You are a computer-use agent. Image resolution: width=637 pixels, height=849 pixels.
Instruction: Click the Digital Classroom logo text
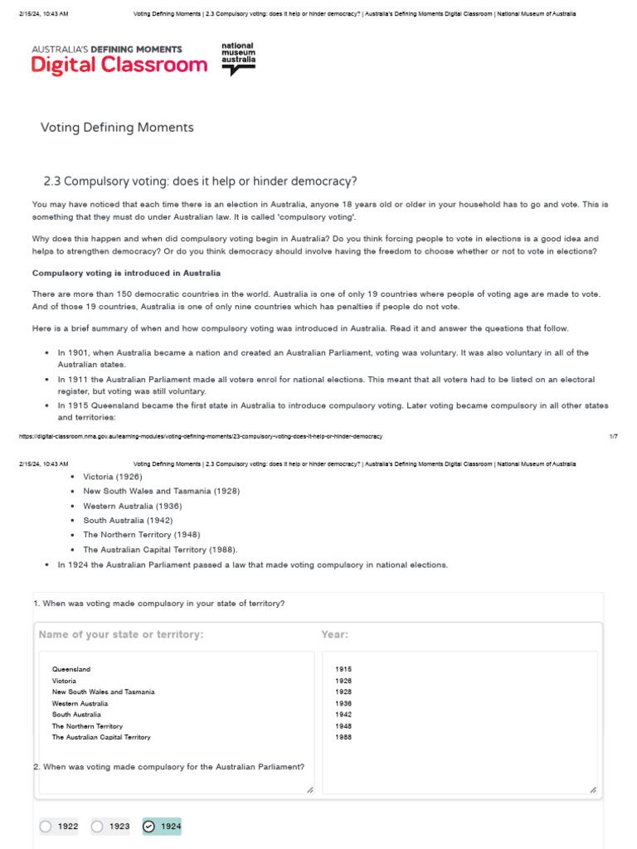(x=120, y=65)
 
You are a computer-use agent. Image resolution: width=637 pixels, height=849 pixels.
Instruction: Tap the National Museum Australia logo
(x=239, y=58)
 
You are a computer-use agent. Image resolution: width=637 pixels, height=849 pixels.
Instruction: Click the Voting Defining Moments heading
(x=117, y=127)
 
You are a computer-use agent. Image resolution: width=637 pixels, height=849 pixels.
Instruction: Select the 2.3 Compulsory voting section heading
(x=199, y=182)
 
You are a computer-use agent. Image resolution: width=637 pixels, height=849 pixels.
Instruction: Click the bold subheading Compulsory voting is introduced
(x=126, y=273)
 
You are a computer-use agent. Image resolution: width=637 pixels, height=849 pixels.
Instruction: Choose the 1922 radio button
(x=46, y=826)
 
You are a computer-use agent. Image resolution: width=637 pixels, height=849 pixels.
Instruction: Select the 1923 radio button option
(x=97, y=826)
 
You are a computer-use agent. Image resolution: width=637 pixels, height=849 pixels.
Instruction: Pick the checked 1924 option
(x=149, y=826)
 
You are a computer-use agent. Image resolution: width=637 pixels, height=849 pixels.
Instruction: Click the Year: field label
(x=335, y=634)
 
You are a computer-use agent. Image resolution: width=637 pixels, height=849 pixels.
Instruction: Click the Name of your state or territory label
(x=120, y=634)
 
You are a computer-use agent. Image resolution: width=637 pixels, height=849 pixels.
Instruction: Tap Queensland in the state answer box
(x=71, y=668)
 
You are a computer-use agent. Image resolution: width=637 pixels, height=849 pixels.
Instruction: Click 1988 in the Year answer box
(x=343, y=736)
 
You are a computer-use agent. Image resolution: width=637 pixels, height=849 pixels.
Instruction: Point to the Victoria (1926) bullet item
(x=112, y=477)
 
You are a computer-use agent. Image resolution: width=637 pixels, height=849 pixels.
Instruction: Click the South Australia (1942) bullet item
(x=128, y=520)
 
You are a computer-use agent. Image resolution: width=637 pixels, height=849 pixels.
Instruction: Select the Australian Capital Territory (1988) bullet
(x=148, y=549)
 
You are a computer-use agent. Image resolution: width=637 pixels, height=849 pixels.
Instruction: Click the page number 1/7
(x=613, y=436)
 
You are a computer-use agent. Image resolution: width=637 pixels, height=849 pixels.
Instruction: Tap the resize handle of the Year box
(x=594, y=790)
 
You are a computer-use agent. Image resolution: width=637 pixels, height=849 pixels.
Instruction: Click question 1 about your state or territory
(x=159, y=603)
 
